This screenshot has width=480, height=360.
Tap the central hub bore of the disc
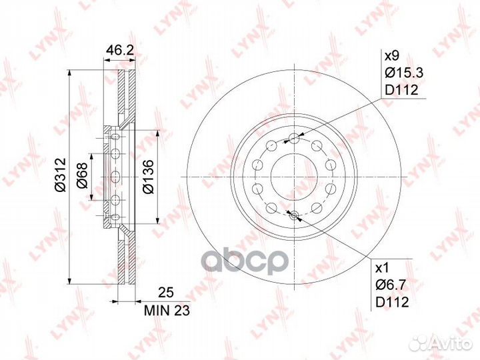pos(294,176)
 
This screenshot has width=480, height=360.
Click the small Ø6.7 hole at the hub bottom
pos(294,214)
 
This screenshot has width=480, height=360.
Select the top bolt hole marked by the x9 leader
pos(294,139)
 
